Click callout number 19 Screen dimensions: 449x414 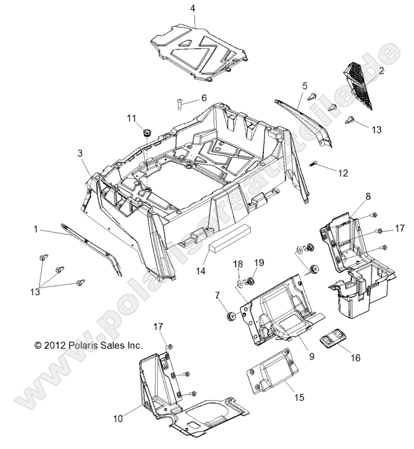[x=259, y=263]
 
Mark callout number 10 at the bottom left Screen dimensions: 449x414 [x=118, y=419]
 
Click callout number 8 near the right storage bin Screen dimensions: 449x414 [x=368, y=196]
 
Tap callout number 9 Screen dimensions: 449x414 [x=312, y=356]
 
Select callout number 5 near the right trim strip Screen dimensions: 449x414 [x=305, y=86]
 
